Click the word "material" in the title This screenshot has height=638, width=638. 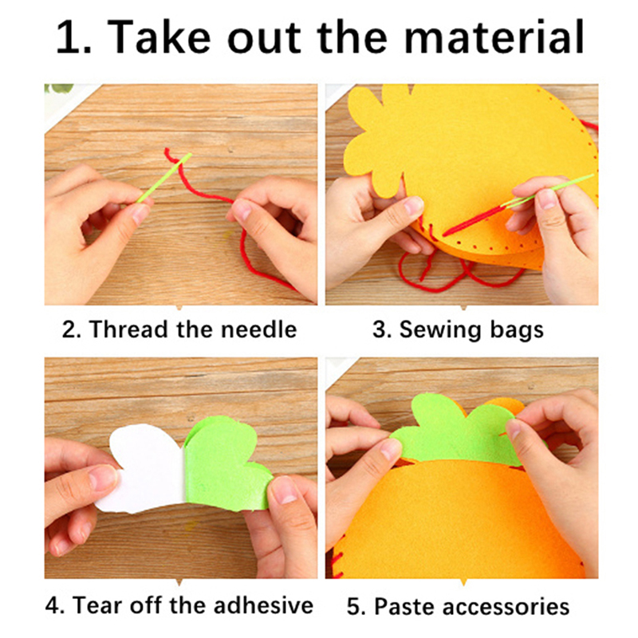(494, 37)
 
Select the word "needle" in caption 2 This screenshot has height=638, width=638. (258, 329)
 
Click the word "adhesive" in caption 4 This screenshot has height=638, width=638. (264, 605)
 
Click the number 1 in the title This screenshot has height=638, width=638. (68, 37)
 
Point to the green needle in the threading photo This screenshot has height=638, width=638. (164, 177)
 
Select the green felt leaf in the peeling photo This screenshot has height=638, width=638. (226, 464)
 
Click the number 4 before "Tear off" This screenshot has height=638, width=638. (52, 605)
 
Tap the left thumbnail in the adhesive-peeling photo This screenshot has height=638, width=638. (103, 477)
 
